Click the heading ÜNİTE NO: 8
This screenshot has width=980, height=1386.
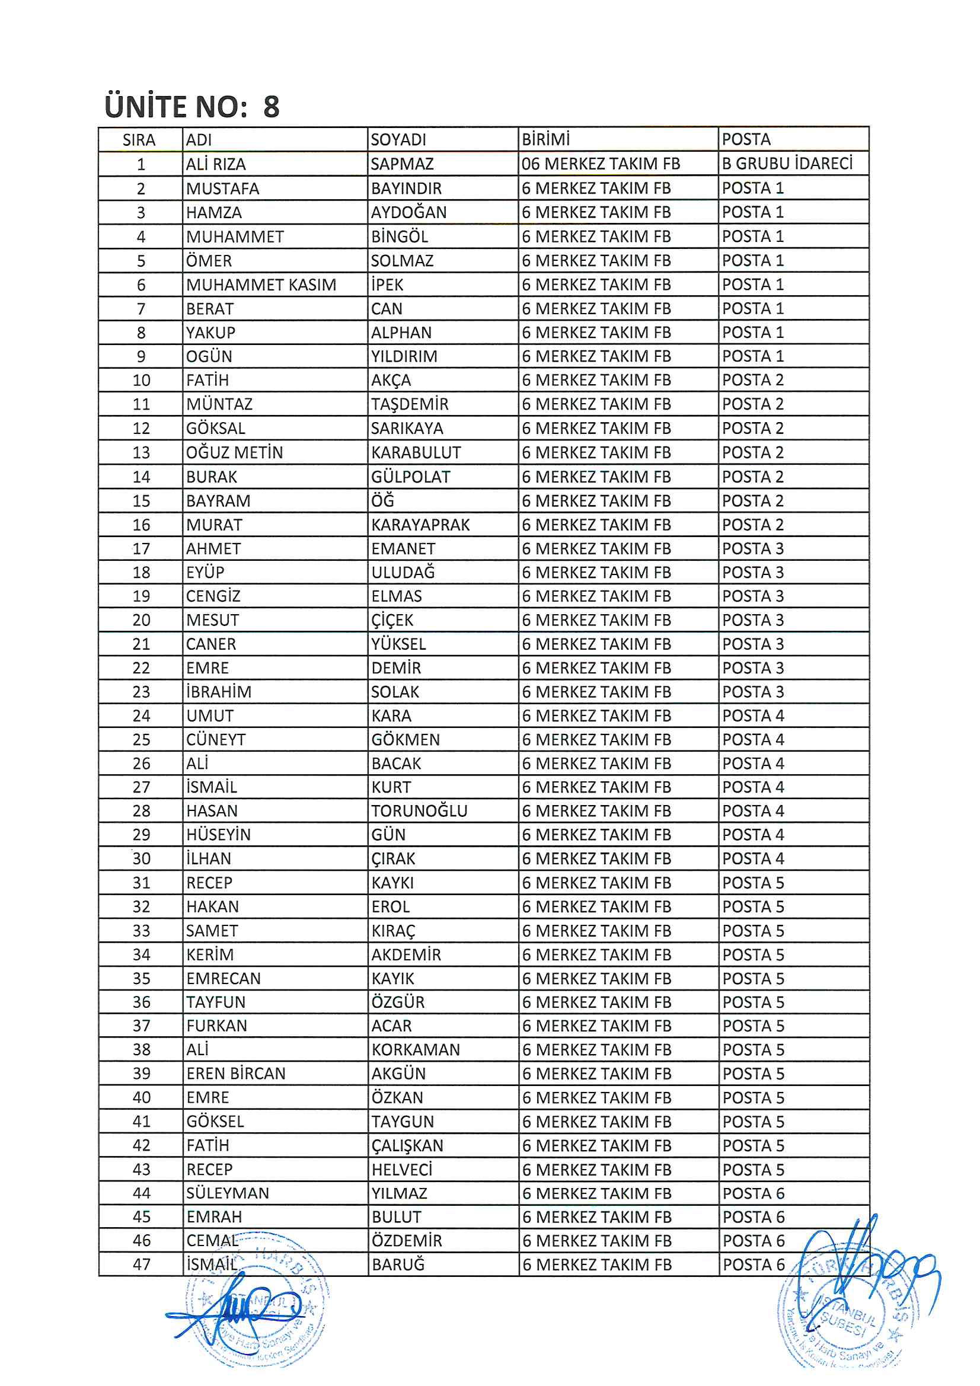(192, 106)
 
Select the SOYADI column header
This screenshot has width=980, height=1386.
(398, 139)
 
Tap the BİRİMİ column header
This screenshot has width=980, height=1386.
(545, 139)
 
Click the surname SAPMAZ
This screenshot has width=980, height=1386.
(401, 164)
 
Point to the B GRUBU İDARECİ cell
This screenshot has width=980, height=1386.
(787, 164)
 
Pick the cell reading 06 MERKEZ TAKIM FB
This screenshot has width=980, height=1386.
(601, 164)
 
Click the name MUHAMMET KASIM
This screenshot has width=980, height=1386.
(261, 285)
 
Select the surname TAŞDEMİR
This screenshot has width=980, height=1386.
(410, 404)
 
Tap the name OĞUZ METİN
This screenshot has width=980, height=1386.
(234, 452)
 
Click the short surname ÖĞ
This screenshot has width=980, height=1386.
(383, 500)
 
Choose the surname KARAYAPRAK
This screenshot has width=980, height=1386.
(420, 525)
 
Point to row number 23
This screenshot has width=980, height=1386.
(141, 692)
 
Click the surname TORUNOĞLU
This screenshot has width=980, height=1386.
(419, 811)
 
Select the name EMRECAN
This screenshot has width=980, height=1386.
(224, 979)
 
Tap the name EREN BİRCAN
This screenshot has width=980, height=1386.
(235, 1074)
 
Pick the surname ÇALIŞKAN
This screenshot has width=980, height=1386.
(407, 1145)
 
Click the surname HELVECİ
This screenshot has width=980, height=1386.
(402, 1169)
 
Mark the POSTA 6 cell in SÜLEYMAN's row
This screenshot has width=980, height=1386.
(754, 1193)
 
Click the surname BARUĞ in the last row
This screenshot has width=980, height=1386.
(398, 1264)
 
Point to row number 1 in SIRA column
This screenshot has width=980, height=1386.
(141, 164)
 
